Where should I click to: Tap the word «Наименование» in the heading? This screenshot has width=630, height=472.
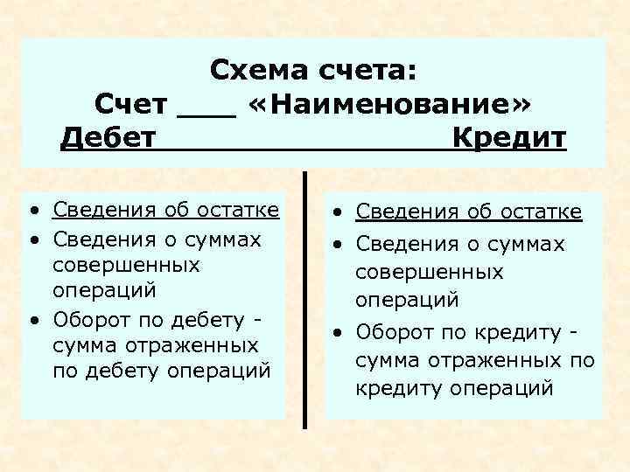388,104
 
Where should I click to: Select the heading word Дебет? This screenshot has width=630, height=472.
108,138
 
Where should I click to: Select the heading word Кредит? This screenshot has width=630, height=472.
510,138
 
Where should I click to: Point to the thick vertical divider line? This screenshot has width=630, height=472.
305,297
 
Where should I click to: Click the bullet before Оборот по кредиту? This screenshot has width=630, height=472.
336,333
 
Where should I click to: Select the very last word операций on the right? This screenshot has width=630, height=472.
502,388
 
